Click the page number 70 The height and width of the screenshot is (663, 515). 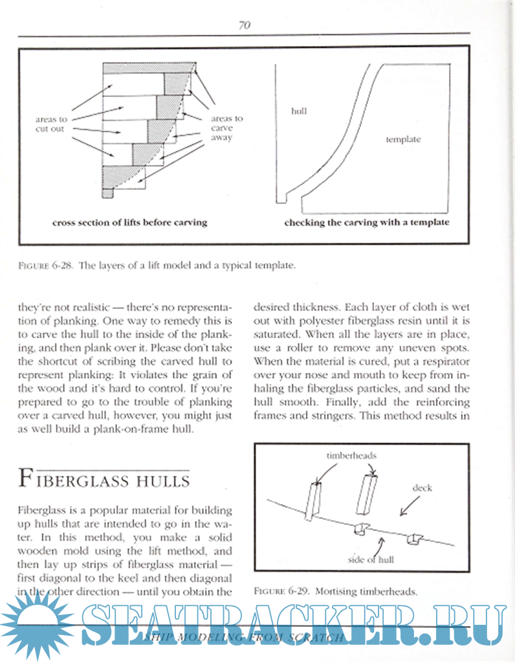tap(244, 25)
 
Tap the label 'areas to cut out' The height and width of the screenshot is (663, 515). tap(51, 124)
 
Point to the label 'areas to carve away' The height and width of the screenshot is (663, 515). tap(226, 128)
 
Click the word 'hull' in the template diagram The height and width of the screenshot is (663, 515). tap(298, 111)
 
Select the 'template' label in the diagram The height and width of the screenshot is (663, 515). tap(403, 139)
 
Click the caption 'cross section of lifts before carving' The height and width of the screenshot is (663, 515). tap(129, 222)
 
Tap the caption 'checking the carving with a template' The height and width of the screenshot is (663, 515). tap(367, 222)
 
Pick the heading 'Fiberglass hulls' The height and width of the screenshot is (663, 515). tap(104, 480)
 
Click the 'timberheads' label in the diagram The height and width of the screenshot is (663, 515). tap(352, 455)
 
